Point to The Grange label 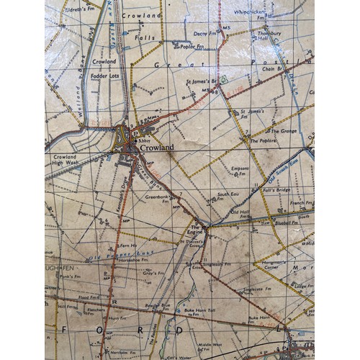pyautogui.click(x=282, y=130)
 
